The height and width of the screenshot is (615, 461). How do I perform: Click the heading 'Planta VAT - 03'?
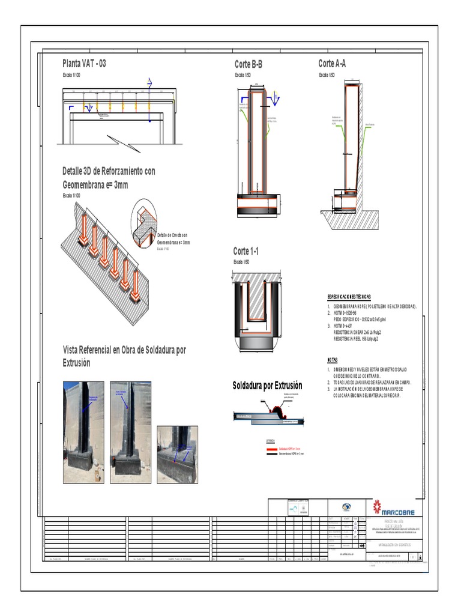(x=84, y=63)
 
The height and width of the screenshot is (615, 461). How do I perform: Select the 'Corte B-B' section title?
(x=249, y=64)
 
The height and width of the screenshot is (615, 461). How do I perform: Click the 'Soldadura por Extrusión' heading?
(x=267, y=386)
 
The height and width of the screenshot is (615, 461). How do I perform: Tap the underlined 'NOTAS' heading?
(x=333, y=359)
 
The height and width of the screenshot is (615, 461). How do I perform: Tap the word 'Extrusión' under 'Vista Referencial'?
(x=76, y=363)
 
